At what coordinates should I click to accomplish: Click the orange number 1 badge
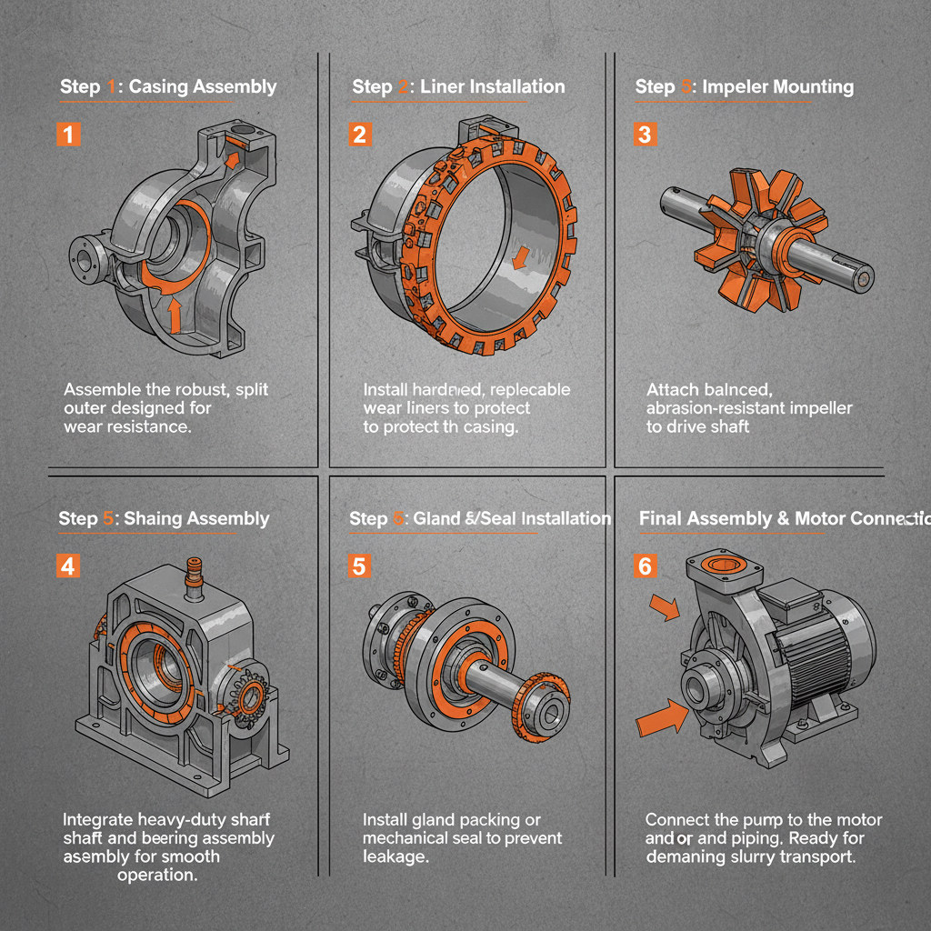(x=68, y=135)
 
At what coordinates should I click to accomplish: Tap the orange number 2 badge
(x=359, y=135)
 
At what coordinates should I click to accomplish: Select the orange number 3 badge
(x=645, y=135)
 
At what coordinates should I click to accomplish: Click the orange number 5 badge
(x=359, y=566)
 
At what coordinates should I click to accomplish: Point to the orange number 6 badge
(x=645, y=566)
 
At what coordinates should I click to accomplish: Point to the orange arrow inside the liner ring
(x=519, y=259)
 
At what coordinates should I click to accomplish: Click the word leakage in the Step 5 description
(x=395, y=856)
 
